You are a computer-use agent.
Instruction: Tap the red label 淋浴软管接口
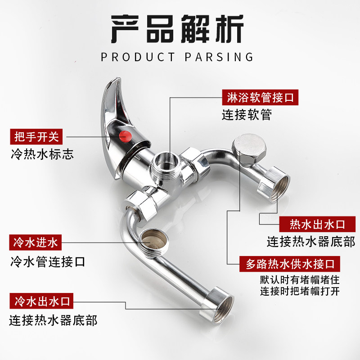261,97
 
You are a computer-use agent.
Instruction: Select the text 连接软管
247,115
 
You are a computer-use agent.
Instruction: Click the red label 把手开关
37,135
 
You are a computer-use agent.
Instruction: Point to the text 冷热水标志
42,154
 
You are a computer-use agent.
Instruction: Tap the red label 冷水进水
36,243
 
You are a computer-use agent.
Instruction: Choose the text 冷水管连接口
48,261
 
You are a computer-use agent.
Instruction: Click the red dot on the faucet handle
127,135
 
